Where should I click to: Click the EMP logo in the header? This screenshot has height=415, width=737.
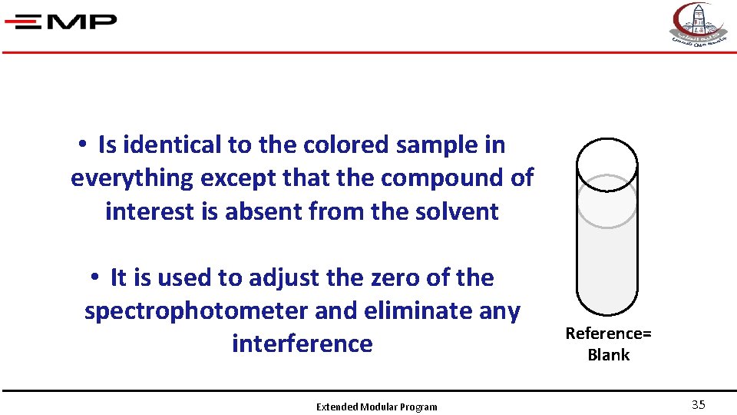(x=61, y=21)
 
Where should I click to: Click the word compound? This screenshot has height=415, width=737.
(x=442, y=178)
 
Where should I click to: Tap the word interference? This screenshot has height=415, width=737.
(x=302, y=344)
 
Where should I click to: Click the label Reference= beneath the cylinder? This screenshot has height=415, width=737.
(x=608, y=334)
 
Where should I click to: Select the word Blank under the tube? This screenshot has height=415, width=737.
(x=608, y=355)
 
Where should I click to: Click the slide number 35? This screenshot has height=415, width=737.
(x=698, y=405)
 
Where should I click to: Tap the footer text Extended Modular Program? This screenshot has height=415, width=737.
(x=376, y=407)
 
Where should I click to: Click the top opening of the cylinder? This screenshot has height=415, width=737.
(x=606, y=164)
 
